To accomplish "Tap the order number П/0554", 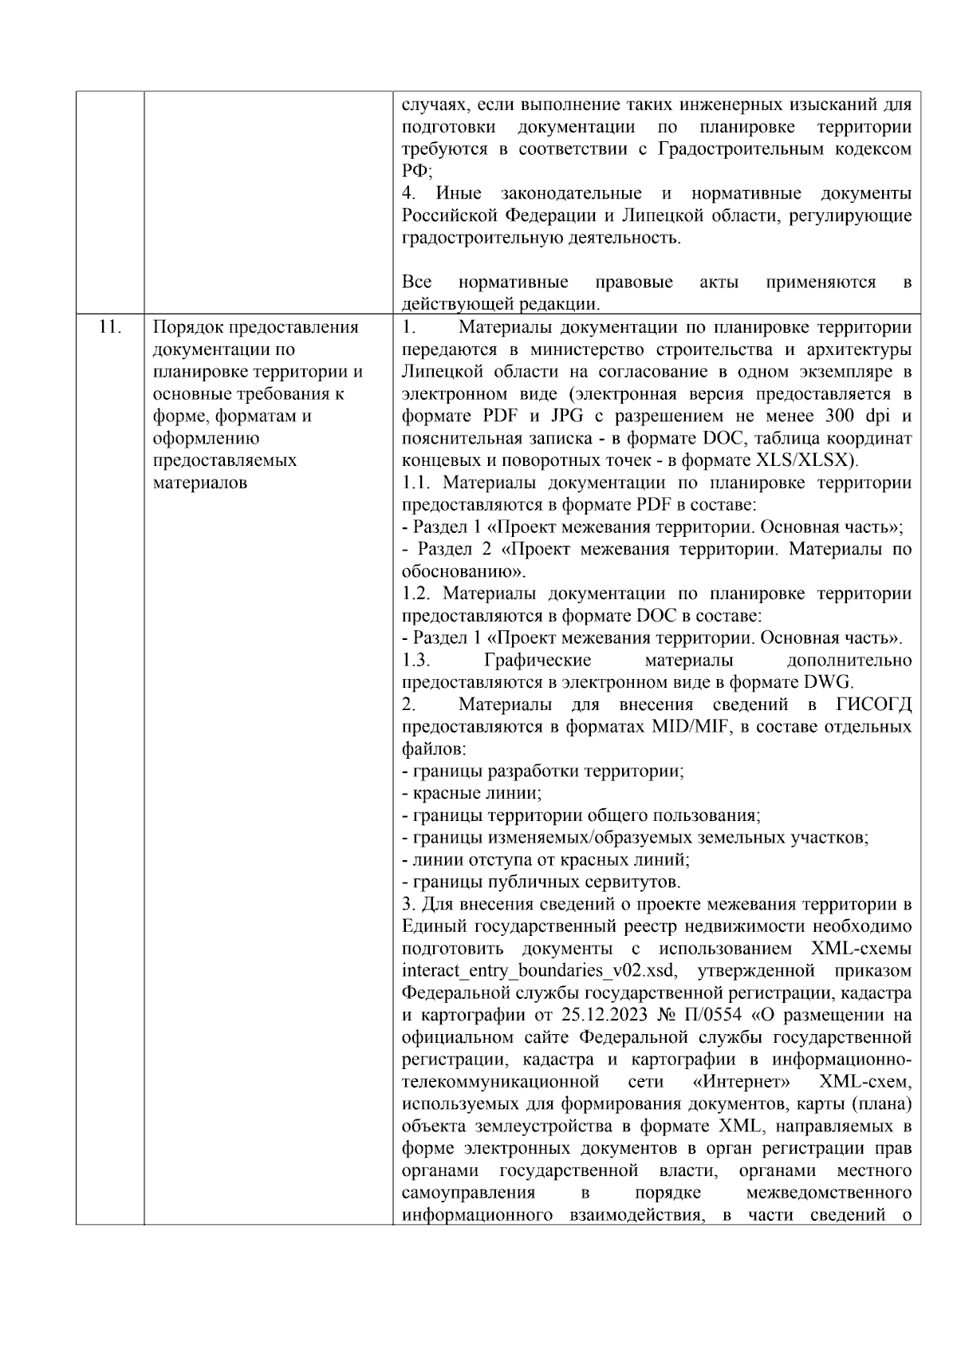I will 713,1016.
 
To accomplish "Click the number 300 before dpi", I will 837,416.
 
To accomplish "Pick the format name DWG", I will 829,682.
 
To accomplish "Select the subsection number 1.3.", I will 416,660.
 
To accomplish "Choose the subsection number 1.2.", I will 417,594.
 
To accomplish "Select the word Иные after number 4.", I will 454,194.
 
